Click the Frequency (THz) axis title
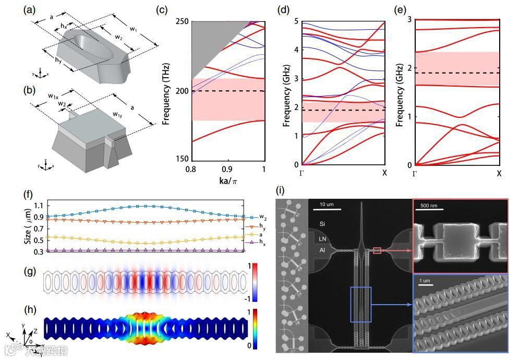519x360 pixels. (x=167, y=91)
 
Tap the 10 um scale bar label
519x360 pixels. (x=327, y=203)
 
